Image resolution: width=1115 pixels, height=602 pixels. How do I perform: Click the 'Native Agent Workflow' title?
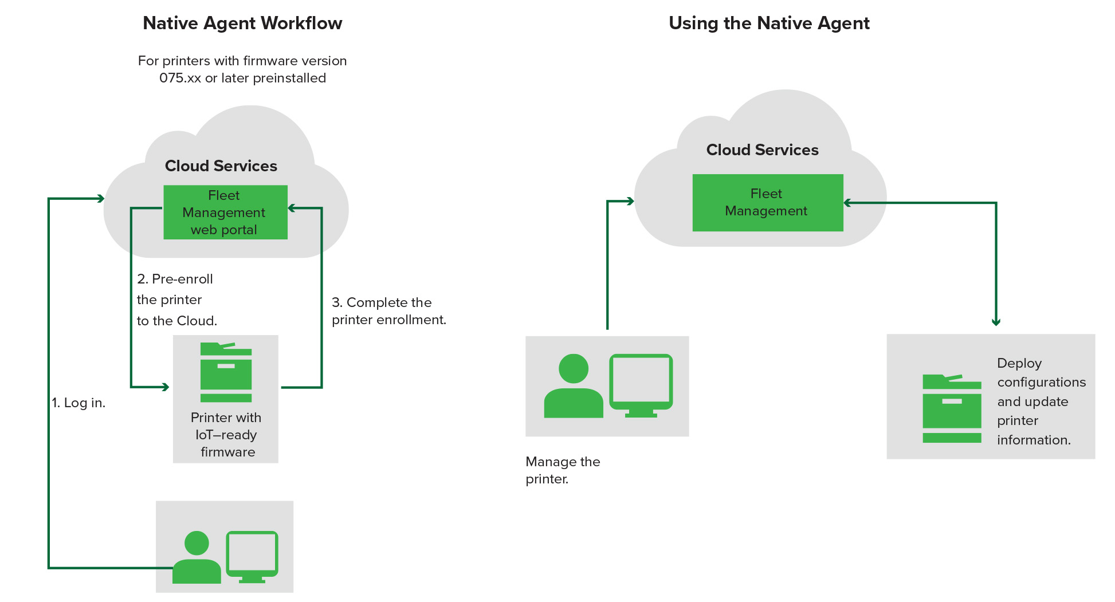click(x=242, y=23)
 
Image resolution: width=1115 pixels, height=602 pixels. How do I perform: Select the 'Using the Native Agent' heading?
click(x=769, y=23)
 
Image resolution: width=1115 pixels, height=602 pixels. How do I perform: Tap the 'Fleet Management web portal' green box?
click(x=225, y=213)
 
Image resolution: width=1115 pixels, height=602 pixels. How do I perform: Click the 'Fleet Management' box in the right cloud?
click(x=767, y=203)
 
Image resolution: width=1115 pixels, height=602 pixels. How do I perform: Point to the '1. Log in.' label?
click(x=79, y=403)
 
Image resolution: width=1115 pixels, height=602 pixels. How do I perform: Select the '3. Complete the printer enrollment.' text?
click(x=388, y=311)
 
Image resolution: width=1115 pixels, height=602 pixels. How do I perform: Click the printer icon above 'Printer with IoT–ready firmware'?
click(x=226, y=372)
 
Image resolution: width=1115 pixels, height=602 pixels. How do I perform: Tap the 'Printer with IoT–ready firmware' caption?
click(x=226, y=435)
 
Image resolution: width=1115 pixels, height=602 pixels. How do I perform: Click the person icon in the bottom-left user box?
click(x=197, y=558)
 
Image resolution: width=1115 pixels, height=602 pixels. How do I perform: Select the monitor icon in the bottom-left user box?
click(x=252, y=556)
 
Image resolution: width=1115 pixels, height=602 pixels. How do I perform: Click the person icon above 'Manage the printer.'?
click(x=573, y=386)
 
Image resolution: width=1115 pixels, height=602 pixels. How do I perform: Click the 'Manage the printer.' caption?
click(x=562, y=470)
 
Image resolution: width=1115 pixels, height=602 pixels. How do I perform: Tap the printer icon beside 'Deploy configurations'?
click(x=952, y=408)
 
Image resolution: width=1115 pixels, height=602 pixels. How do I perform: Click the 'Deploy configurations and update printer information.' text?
click(x=1040, y=402)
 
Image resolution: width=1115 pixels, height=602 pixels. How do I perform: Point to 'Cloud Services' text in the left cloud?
click(x=221, y=166)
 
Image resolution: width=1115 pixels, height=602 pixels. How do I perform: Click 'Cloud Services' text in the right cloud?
click(x=762, y=150)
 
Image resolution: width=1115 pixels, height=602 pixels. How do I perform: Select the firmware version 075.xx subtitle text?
click(x=242, y=69)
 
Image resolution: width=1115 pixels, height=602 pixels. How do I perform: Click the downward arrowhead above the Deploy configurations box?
click(x=996, y=322)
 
